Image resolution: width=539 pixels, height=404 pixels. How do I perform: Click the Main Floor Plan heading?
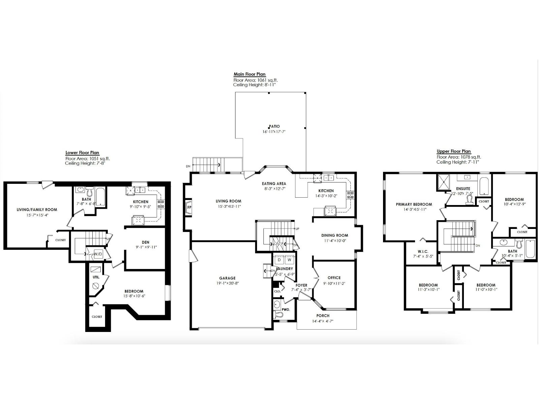(249, 74)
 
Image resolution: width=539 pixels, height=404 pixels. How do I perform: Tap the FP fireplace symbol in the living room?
(189, 207)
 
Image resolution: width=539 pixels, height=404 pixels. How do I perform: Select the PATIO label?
(274, 126)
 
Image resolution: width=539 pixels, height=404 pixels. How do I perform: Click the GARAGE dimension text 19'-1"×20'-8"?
(227, 283)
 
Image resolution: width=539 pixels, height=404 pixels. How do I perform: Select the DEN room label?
(146, 242)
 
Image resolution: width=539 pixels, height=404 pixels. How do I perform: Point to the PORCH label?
(323, 315)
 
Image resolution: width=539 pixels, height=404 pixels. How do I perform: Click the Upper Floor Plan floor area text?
(458, 157)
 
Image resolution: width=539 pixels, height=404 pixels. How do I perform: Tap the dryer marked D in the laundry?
(279, 260)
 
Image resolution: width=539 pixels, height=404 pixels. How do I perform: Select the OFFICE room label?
(334, 278)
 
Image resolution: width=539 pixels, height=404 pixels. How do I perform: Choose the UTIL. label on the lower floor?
(96, 277)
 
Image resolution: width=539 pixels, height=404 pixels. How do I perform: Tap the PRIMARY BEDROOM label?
(414, 204)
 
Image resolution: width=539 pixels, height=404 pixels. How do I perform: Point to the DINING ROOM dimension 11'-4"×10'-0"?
(335, 241)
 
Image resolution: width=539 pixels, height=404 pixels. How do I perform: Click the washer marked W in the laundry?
(289, 260)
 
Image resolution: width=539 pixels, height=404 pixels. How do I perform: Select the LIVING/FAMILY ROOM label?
(37, 209)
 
